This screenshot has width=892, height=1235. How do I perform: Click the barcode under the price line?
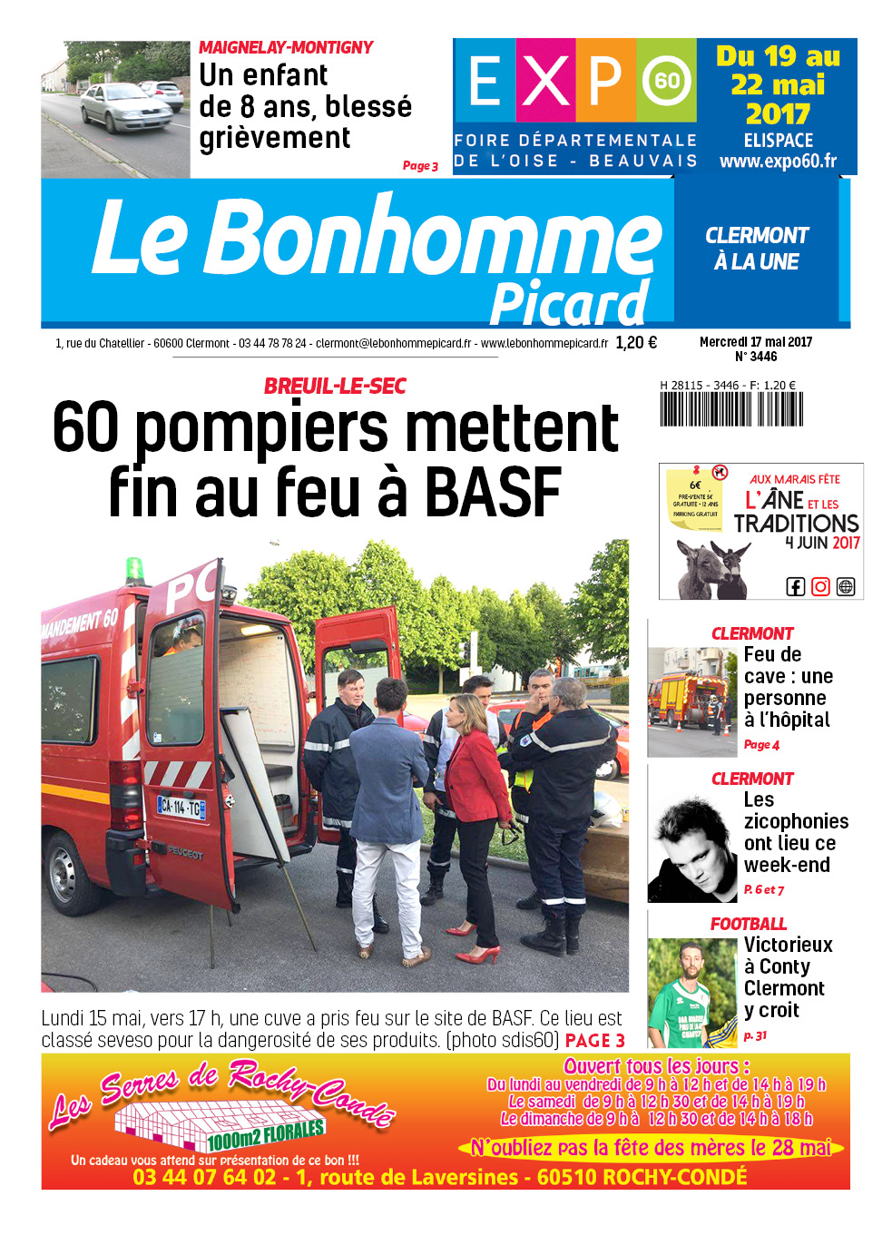[x=730, y=409]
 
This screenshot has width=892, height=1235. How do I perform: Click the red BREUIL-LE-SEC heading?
[x=335, y=386]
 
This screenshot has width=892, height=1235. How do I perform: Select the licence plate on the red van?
[x=181, y=806]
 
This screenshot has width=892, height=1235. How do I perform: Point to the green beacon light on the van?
[x=135, y=571]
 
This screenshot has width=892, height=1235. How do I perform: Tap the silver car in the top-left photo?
[x=124, y=107]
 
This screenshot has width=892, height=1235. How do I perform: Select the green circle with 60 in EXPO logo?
[x=667, y=80]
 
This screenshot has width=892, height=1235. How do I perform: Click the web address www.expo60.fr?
[x=778, y=162]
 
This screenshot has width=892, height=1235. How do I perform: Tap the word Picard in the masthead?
[x=569, y=304]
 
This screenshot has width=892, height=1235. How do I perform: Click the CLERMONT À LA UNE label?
[x=757, y=249]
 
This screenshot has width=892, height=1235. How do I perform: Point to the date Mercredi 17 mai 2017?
[x=756, y=342]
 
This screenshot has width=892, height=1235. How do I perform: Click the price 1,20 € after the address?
[x=635, y=343]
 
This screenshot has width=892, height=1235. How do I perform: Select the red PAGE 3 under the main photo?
[x=594, y=1041]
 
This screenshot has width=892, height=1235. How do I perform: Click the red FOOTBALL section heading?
[x=749, y=924]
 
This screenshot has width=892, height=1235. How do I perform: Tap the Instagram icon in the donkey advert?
[x=820, y=586]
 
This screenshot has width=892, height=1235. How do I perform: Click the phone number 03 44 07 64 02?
[x=204, y=1177]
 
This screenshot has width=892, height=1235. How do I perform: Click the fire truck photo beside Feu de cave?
[x=691, y=701]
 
